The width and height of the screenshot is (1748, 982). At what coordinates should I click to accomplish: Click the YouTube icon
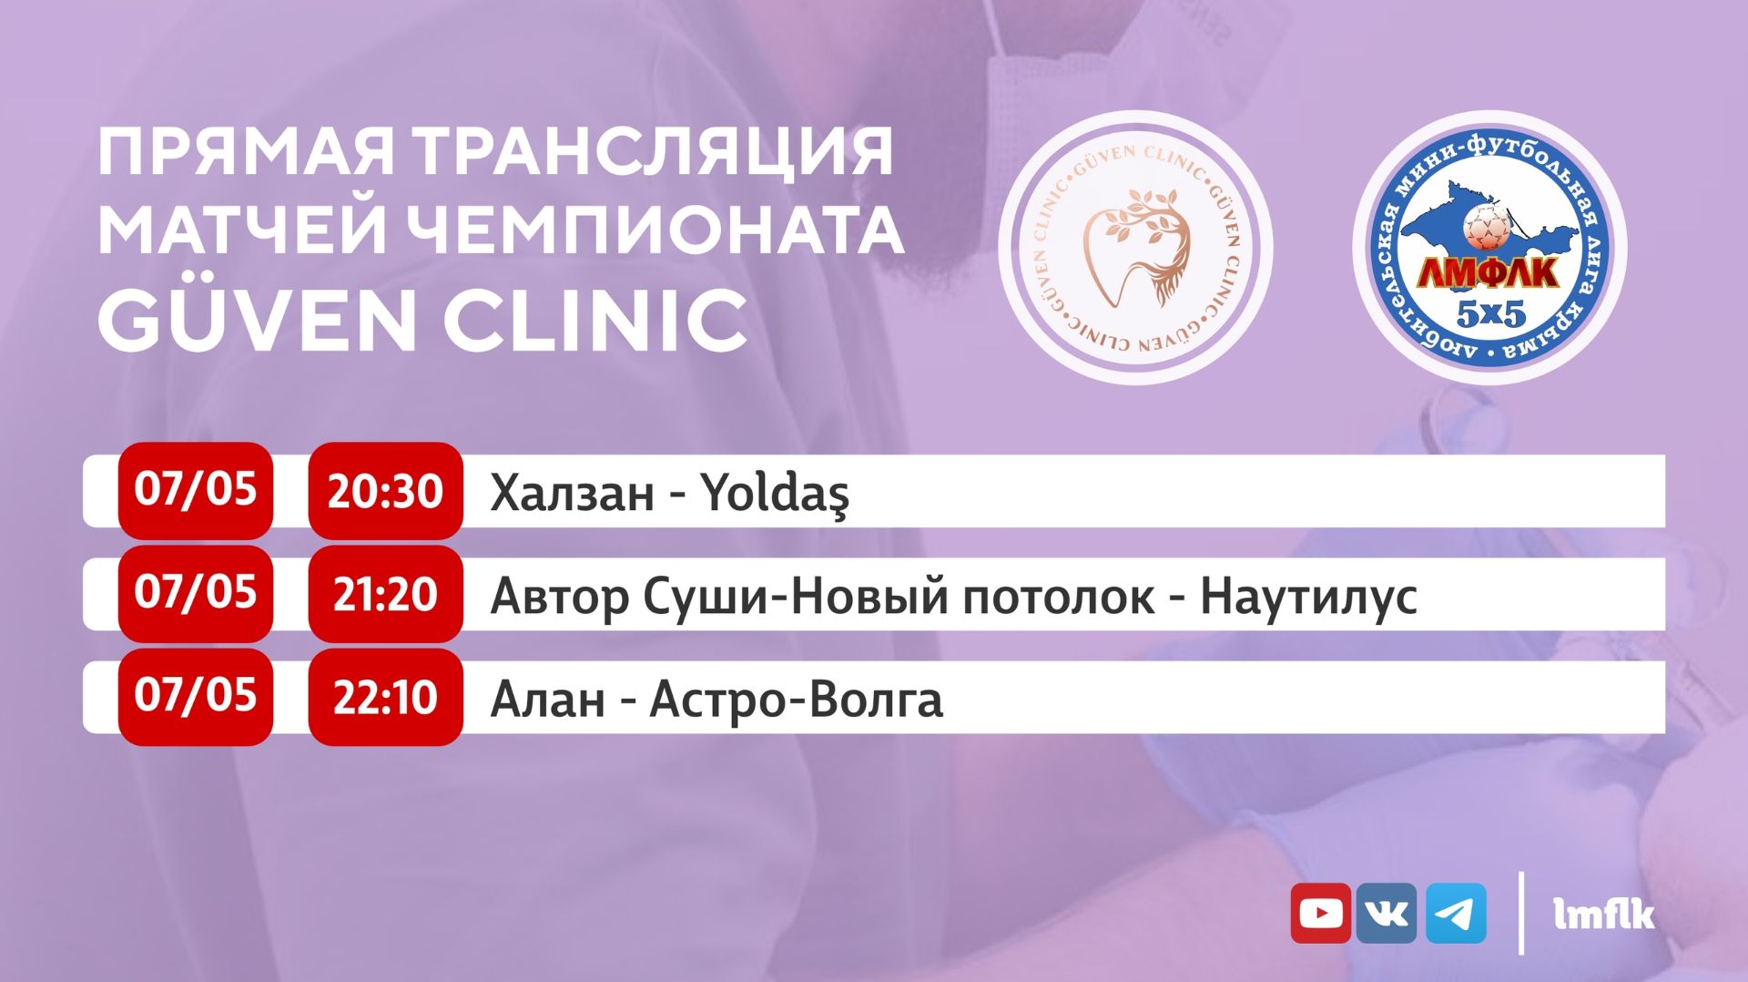click(1320, 913)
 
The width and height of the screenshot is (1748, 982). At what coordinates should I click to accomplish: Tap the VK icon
click(1387, 913)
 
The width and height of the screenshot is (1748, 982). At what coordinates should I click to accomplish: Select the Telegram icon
click(1456, 913)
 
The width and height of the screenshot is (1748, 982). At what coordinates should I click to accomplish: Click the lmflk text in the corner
click(1604, 914)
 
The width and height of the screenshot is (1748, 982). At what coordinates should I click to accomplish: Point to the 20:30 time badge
click(385, 491)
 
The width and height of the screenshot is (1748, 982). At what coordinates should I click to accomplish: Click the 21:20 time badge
click(385, 594)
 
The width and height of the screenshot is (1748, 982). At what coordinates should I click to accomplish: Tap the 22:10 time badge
click(385, 698)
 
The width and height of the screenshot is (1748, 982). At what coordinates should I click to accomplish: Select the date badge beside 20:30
click(196, 491)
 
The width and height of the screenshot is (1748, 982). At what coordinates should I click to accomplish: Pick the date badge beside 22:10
click(196, 698)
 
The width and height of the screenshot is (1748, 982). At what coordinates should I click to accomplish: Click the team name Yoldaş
click(775, 495)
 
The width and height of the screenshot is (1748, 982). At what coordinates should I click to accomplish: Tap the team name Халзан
click(572, 494)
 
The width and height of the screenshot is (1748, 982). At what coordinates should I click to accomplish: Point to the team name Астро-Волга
click(797, 701)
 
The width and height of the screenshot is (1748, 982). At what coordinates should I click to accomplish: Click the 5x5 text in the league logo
click(1490, 314)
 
